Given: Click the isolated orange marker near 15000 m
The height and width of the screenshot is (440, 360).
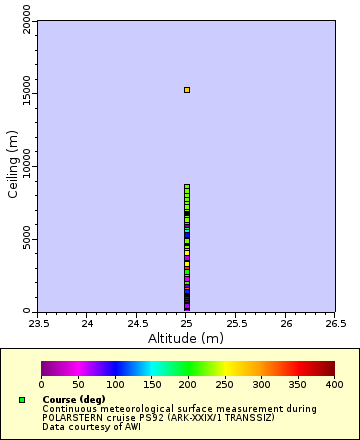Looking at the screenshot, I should click(x=186, y=90).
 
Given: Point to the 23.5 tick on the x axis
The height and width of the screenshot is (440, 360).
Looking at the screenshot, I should click(x=39, y=323).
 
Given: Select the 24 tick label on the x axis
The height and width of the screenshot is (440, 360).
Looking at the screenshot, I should click(x=88, y=323).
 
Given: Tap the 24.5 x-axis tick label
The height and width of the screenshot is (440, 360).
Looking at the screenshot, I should click(x=137, y=323).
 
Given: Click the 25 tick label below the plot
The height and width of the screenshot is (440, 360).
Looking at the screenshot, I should click(x=187, y=323).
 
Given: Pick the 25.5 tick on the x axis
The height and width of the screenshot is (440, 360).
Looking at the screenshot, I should click(x=236, y=323).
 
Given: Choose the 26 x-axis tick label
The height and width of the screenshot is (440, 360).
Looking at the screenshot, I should click(x=286, y=323).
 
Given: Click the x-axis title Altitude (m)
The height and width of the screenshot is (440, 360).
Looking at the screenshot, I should click(x=187, y=338).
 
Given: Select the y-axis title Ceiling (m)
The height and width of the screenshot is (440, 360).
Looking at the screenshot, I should click(x=13, y=166).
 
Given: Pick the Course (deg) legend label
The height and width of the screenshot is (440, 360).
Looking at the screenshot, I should click(x=74, y=400).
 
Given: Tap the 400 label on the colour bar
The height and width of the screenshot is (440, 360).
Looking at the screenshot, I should click(x=334, y=384).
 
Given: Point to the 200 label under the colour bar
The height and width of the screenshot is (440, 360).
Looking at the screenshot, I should click(x=188, y=384).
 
